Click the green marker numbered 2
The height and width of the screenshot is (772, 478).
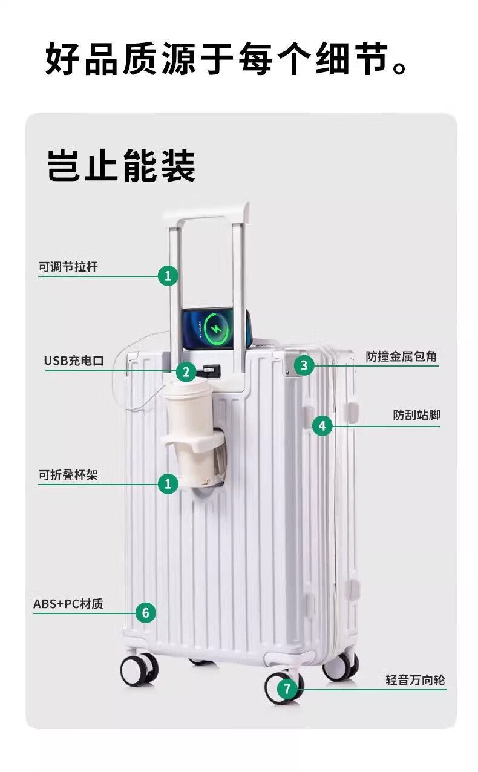click(186, 372)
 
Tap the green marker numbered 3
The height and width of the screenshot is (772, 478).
click(304, 365)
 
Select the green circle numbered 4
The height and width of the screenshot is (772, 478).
click(322, 426)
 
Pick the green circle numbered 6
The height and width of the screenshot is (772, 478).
click(145, 613)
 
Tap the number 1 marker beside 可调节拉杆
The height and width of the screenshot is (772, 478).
click(168, 276)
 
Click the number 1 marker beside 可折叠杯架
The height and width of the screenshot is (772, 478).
click(168, 484)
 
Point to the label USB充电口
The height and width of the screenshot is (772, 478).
click(74, 361)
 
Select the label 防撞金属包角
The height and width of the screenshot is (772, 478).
click(401, 356)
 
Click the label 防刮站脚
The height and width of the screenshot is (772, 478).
click(416, 415)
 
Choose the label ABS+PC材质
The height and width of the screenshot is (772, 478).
click(68, 604)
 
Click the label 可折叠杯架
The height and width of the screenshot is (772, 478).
click(68, 476)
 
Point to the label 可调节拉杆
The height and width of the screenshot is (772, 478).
click(68, 267)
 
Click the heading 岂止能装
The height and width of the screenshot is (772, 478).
click(121, 166)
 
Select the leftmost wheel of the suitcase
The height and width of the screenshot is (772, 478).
click(139, 669)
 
